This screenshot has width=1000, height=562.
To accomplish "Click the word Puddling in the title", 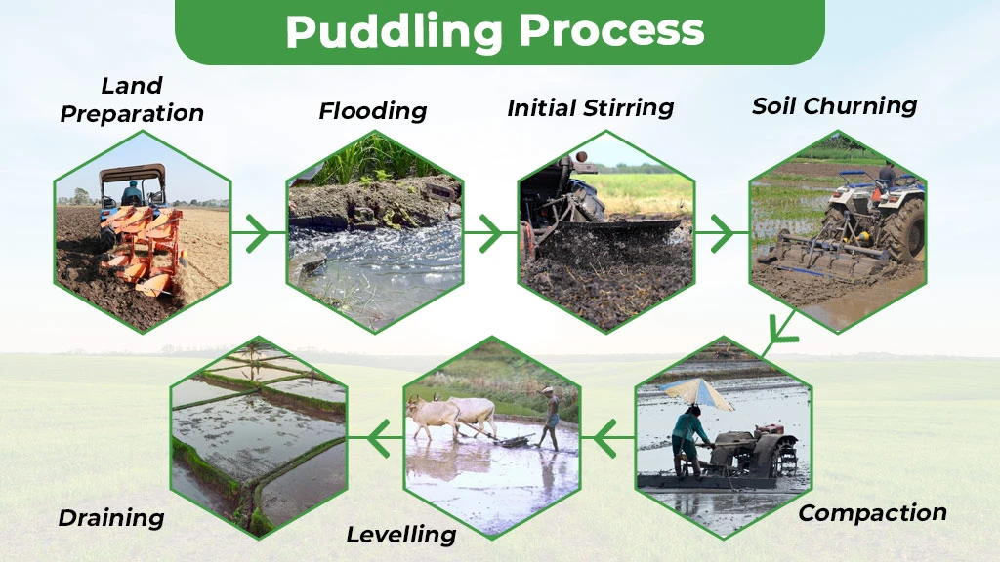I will [x=395, y=31].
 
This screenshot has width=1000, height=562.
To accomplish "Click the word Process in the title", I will [x=610, y=31].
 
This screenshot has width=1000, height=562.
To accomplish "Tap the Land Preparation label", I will [x=132, y=100].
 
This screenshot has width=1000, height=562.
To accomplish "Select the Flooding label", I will [x=373, y=111].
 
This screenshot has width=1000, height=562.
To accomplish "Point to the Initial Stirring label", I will [x=591, y=107].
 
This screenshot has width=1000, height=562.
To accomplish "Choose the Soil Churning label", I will [x=834, y=106].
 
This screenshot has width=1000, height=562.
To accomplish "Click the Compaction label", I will [x=872, y=512].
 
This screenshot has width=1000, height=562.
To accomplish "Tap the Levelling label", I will [x=401, y=535].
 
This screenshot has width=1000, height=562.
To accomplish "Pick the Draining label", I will [x=111, y=518].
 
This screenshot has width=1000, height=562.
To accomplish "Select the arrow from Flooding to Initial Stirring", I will [x=484, y=234].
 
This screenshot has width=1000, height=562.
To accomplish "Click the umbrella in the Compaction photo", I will [x=696, y=393].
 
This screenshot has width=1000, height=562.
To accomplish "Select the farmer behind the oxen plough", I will [x=551, y=419].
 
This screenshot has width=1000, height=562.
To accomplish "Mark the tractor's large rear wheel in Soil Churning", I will [x=903, y=228].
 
